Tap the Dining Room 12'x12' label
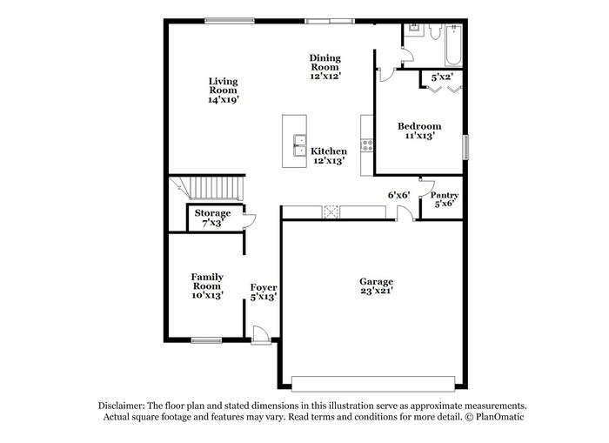coord(325,67)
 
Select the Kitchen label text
coord(329,151)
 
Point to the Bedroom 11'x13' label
coord(419,131)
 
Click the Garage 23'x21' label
coord(377,286)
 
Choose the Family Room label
coord(207,281)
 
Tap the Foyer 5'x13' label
coord(264,292)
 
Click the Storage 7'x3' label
coord(212,218)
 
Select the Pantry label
coord(445,195)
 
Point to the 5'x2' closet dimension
coord(442,77)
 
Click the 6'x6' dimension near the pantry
coord(398,195)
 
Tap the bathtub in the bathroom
coord(453,45)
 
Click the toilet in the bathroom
coord(435,31)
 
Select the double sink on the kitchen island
coord(299,145)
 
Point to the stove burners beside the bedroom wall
coord(367,145)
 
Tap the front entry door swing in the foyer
coord(260,334)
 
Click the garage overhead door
coord(373,384)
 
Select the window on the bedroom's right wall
coord(465,147)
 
